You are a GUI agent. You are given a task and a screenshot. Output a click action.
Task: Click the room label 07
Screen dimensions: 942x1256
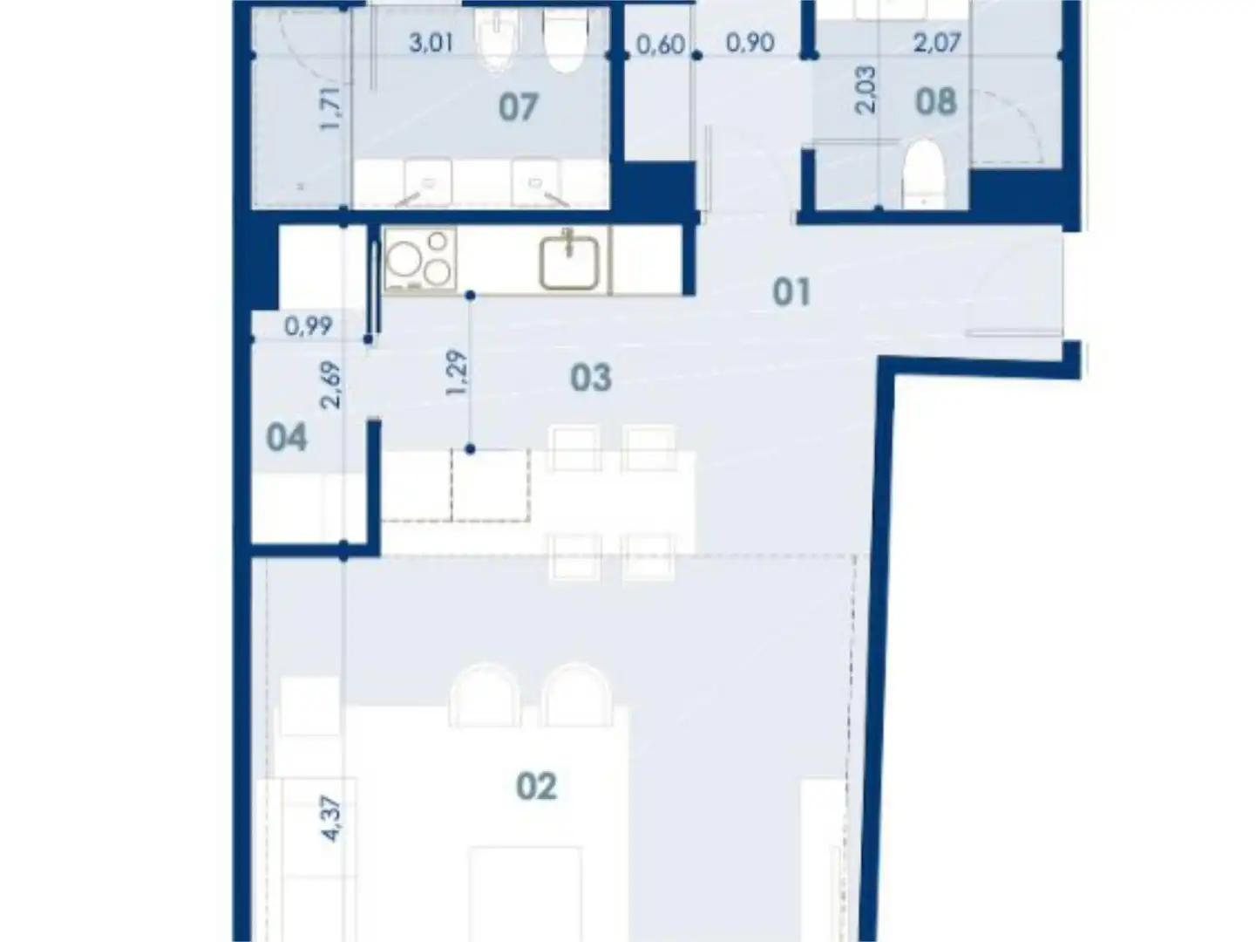pos(518,108)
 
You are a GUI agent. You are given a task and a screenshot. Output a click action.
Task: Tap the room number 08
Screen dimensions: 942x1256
pos(935,102)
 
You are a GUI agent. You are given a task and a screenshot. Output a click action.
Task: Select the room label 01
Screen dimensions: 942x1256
pos(791,292)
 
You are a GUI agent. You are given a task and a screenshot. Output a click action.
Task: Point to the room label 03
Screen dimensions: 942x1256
pos(590,378)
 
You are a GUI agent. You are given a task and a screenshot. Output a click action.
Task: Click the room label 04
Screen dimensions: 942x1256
pos(287,437)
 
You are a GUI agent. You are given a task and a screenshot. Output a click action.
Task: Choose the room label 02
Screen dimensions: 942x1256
pos(536,787)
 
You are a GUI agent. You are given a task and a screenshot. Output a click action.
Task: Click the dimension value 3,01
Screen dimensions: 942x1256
pos(431,42)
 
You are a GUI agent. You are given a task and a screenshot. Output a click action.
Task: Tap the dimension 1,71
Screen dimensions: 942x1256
pos(331,108)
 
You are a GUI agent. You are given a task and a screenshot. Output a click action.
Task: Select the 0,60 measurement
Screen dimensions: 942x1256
pos(660,44)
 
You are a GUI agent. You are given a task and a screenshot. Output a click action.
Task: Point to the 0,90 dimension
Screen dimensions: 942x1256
pos(750,42)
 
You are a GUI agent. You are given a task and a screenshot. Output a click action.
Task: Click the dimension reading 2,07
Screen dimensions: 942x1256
pos(936,42)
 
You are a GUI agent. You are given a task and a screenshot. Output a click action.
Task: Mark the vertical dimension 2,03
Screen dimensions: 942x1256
pos(866,91)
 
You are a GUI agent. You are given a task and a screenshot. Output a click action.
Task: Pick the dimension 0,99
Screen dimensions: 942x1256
pos(309,326)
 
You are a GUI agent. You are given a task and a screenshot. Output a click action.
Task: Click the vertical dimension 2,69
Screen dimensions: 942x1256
pos(331,385)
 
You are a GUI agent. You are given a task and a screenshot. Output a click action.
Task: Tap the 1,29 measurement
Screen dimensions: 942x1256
pos(457,372)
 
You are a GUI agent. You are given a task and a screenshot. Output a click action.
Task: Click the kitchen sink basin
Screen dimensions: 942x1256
pos(569,260)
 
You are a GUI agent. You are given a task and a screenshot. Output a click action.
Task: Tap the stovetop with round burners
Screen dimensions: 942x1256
pos(419,259)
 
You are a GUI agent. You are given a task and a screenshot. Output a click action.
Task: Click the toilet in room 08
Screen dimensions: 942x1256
pos(924,174)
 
